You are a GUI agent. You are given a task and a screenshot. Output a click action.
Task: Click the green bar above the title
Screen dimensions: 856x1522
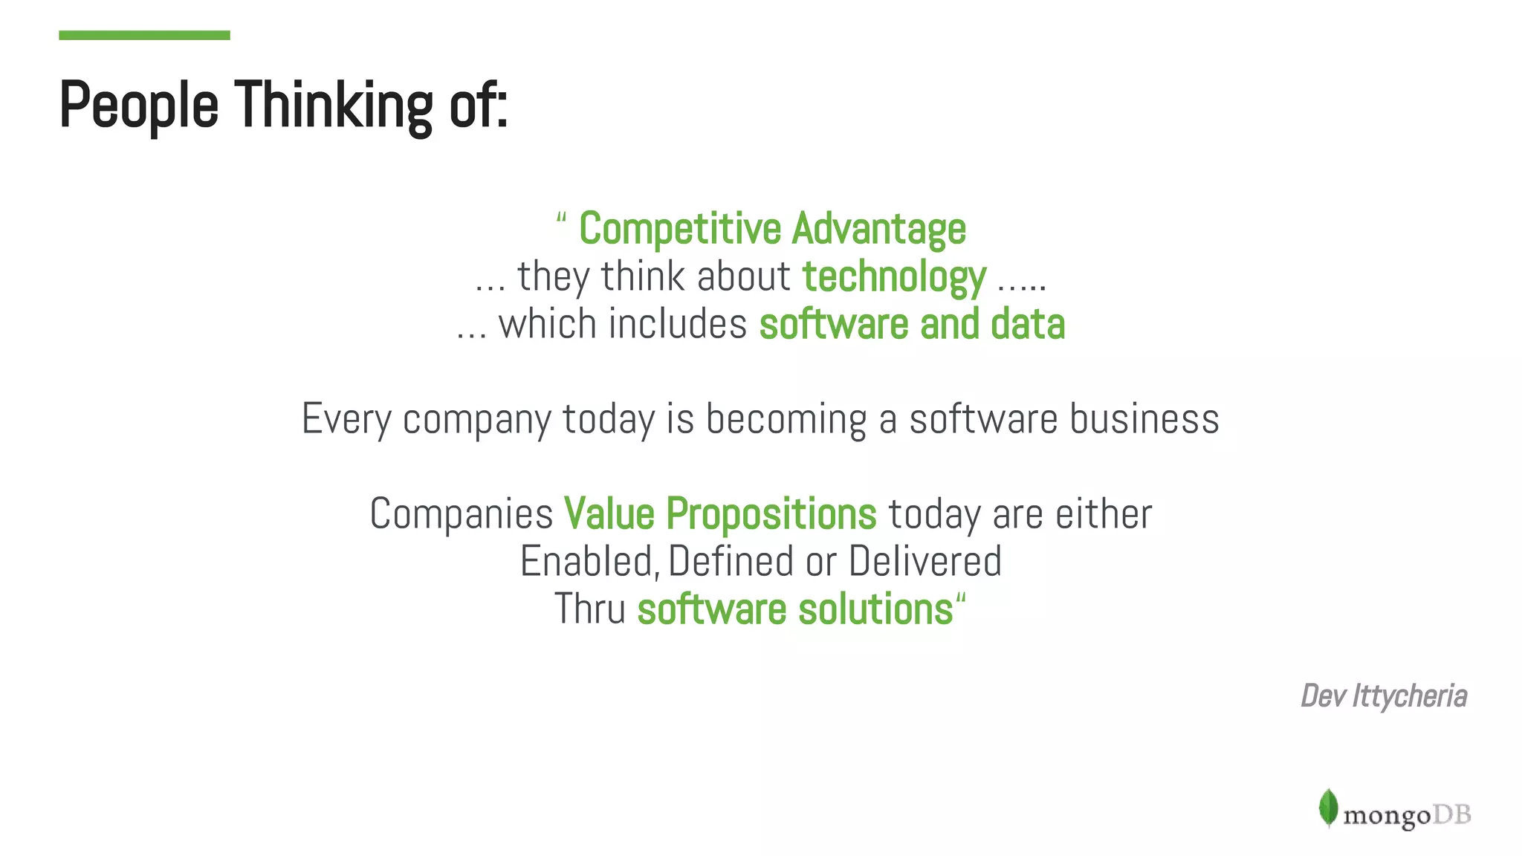click(x=144, y=35)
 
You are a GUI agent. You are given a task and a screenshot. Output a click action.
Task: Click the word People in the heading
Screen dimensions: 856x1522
click(x=139, y=105)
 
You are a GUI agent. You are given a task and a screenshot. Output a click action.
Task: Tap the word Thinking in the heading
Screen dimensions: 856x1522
click(x=334, y=105)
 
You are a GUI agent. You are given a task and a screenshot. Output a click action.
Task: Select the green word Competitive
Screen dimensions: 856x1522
click(x=679, y=228)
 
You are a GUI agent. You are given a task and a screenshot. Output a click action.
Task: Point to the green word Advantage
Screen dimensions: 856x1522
click(x=878, y=228)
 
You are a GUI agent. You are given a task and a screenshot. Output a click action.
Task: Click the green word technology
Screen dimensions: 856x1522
click(x=894, y=276)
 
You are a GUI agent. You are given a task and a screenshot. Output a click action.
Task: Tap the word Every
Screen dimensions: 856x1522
click(x=346, y=418)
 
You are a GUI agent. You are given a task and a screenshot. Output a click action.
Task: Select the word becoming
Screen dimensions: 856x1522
click(x=786, y=418)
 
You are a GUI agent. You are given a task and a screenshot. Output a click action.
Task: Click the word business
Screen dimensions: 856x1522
click(x=1144, y=418)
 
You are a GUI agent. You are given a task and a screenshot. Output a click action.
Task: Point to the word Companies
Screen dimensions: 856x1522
click(x=462, y=513)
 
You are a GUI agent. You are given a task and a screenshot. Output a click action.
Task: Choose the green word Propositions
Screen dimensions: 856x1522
click(x=771, y=513)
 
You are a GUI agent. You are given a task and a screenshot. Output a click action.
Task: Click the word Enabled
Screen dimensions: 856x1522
click(x=586, y=561)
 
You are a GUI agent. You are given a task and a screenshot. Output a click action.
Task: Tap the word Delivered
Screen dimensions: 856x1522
click(x=924, y=561)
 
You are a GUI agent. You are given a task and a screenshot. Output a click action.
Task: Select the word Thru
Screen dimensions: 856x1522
click(x=590, y=609)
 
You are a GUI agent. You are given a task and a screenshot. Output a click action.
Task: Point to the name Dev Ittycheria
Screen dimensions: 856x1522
click(x=1383, y=696)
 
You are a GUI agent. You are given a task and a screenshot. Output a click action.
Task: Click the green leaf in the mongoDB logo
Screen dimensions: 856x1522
click(x=1328, y=808)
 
